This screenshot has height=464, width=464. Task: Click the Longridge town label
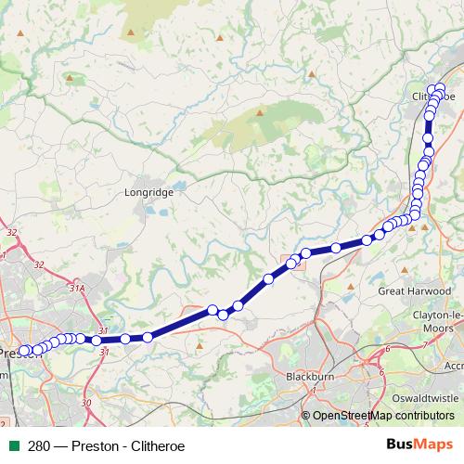coord(142,194)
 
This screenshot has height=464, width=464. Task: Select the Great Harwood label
coord(414,290)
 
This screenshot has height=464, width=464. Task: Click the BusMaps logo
coord(420,445)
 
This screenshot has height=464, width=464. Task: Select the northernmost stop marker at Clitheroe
coord(439,88)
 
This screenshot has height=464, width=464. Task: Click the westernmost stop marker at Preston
coord(25,351)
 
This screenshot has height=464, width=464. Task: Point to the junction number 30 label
coord(86,402)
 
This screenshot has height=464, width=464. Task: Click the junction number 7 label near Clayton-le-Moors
coord(423,345)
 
